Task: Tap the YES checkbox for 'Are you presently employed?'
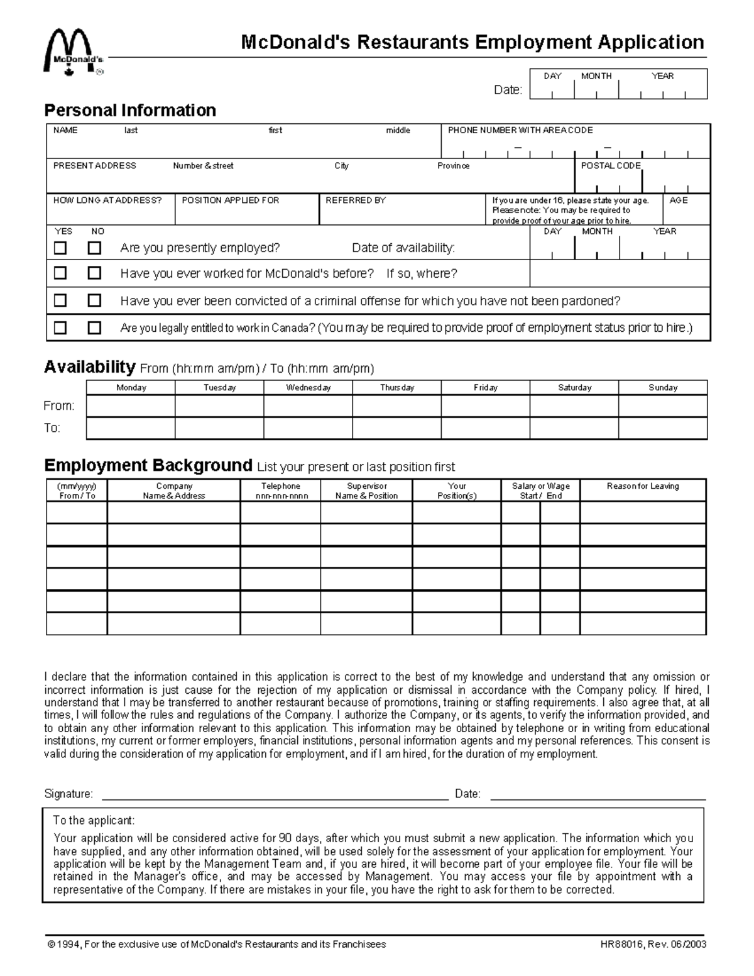click(x=60, y=248)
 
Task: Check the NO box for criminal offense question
click(x=94, y=300)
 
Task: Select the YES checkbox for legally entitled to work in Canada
click(x=60, y=327)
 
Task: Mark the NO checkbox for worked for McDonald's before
click(x=94, y=273)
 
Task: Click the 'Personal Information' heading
click(x=130, y=111)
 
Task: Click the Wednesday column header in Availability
click(x=308, y=388)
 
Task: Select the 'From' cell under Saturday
click(x=574, y=406)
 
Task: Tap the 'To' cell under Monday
click(x=131, y=428)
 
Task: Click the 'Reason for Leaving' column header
click(x=643, y=486)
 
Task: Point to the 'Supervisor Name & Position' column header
click(x=366, y=491)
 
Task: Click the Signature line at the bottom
click(x=275, y=794)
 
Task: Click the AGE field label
click(x=679, y=200)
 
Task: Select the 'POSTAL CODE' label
click(x=610, y=166)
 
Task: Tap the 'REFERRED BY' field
click(x=402, y=210)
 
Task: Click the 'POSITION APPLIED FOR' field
click(x=246, y=210)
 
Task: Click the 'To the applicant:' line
click(x=94, y=821)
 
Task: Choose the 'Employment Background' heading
click(x=148, y=466)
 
